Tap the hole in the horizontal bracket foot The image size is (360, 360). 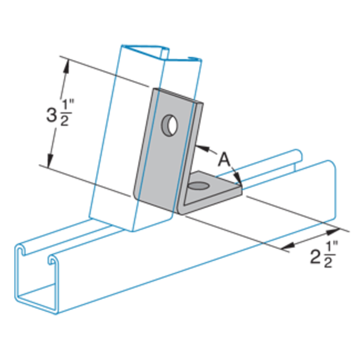click(199, 187)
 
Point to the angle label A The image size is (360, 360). click(224, 160)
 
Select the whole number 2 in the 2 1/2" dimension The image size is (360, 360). click(316, 257)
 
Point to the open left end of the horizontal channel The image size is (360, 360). click(37, 279)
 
